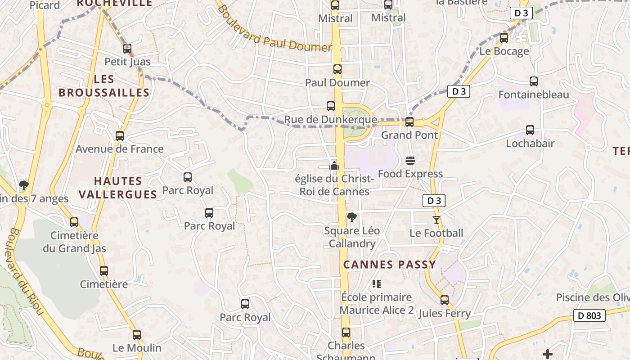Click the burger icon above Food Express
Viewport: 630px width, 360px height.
(x=410, y=161)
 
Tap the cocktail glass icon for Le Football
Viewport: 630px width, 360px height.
(x=436, y=220)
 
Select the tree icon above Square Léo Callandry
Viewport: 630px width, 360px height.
(x=352, y=218)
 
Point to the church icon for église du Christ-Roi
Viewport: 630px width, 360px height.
(x=334, y=165)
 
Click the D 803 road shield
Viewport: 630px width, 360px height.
(x=589, y=315)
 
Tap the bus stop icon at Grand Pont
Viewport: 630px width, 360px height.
(x=409, y=122)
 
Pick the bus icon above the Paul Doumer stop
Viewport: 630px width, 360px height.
(x=337, y=69)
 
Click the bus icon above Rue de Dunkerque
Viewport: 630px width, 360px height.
(x=331, y=106)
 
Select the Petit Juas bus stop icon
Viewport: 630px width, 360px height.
(x=127, y=49)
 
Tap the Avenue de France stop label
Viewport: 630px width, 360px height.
(x=119, y=149)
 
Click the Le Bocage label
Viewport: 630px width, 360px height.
(x=504, y=51)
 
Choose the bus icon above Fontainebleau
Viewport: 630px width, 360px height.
(x=534, y=81)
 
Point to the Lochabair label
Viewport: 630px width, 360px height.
(x=530, y=144)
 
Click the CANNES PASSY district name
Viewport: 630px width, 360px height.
(x=390, y=265)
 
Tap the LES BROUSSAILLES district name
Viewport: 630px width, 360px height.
(x=104, y=86)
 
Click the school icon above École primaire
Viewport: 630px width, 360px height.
(x=377, y=284)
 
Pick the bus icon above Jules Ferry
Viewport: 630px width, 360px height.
(x=445, y=300)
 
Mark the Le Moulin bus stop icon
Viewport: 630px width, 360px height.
(x=137, y=335)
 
